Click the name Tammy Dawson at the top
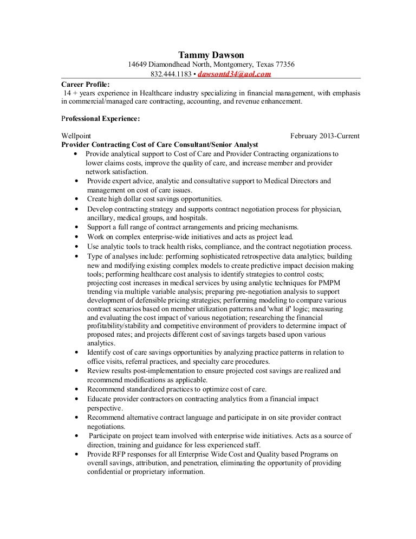click(x=211, y=55)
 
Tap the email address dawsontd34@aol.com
click(x=235, y=74)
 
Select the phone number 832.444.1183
click(x=171, y=74)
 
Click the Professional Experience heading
click(x=101, y=118)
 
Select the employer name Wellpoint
click(x=77, y=136)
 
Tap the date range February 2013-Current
click(x=324, y=136)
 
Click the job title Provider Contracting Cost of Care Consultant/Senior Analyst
click(x=160, y=144)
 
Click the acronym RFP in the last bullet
click(x=118, y=454)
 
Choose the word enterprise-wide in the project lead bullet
click(x=157, y=236)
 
